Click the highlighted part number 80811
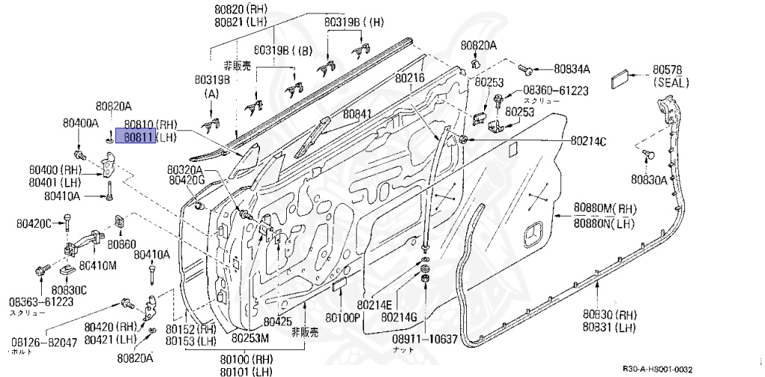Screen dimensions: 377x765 pos(140,137)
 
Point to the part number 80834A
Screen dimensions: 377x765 pos(572,69)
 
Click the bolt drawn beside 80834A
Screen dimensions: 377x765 pos(525,69)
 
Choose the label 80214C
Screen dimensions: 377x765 pos(589,140)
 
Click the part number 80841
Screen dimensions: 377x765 pos(357,116)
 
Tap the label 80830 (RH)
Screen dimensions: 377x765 pos(610,314)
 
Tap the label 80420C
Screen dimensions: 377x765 pos(34,223)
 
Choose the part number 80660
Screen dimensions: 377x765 pos(120,243)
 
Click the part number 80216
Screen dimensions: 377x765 pos(409,78)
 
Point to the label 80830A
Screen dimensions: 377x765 pos(648,179)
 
